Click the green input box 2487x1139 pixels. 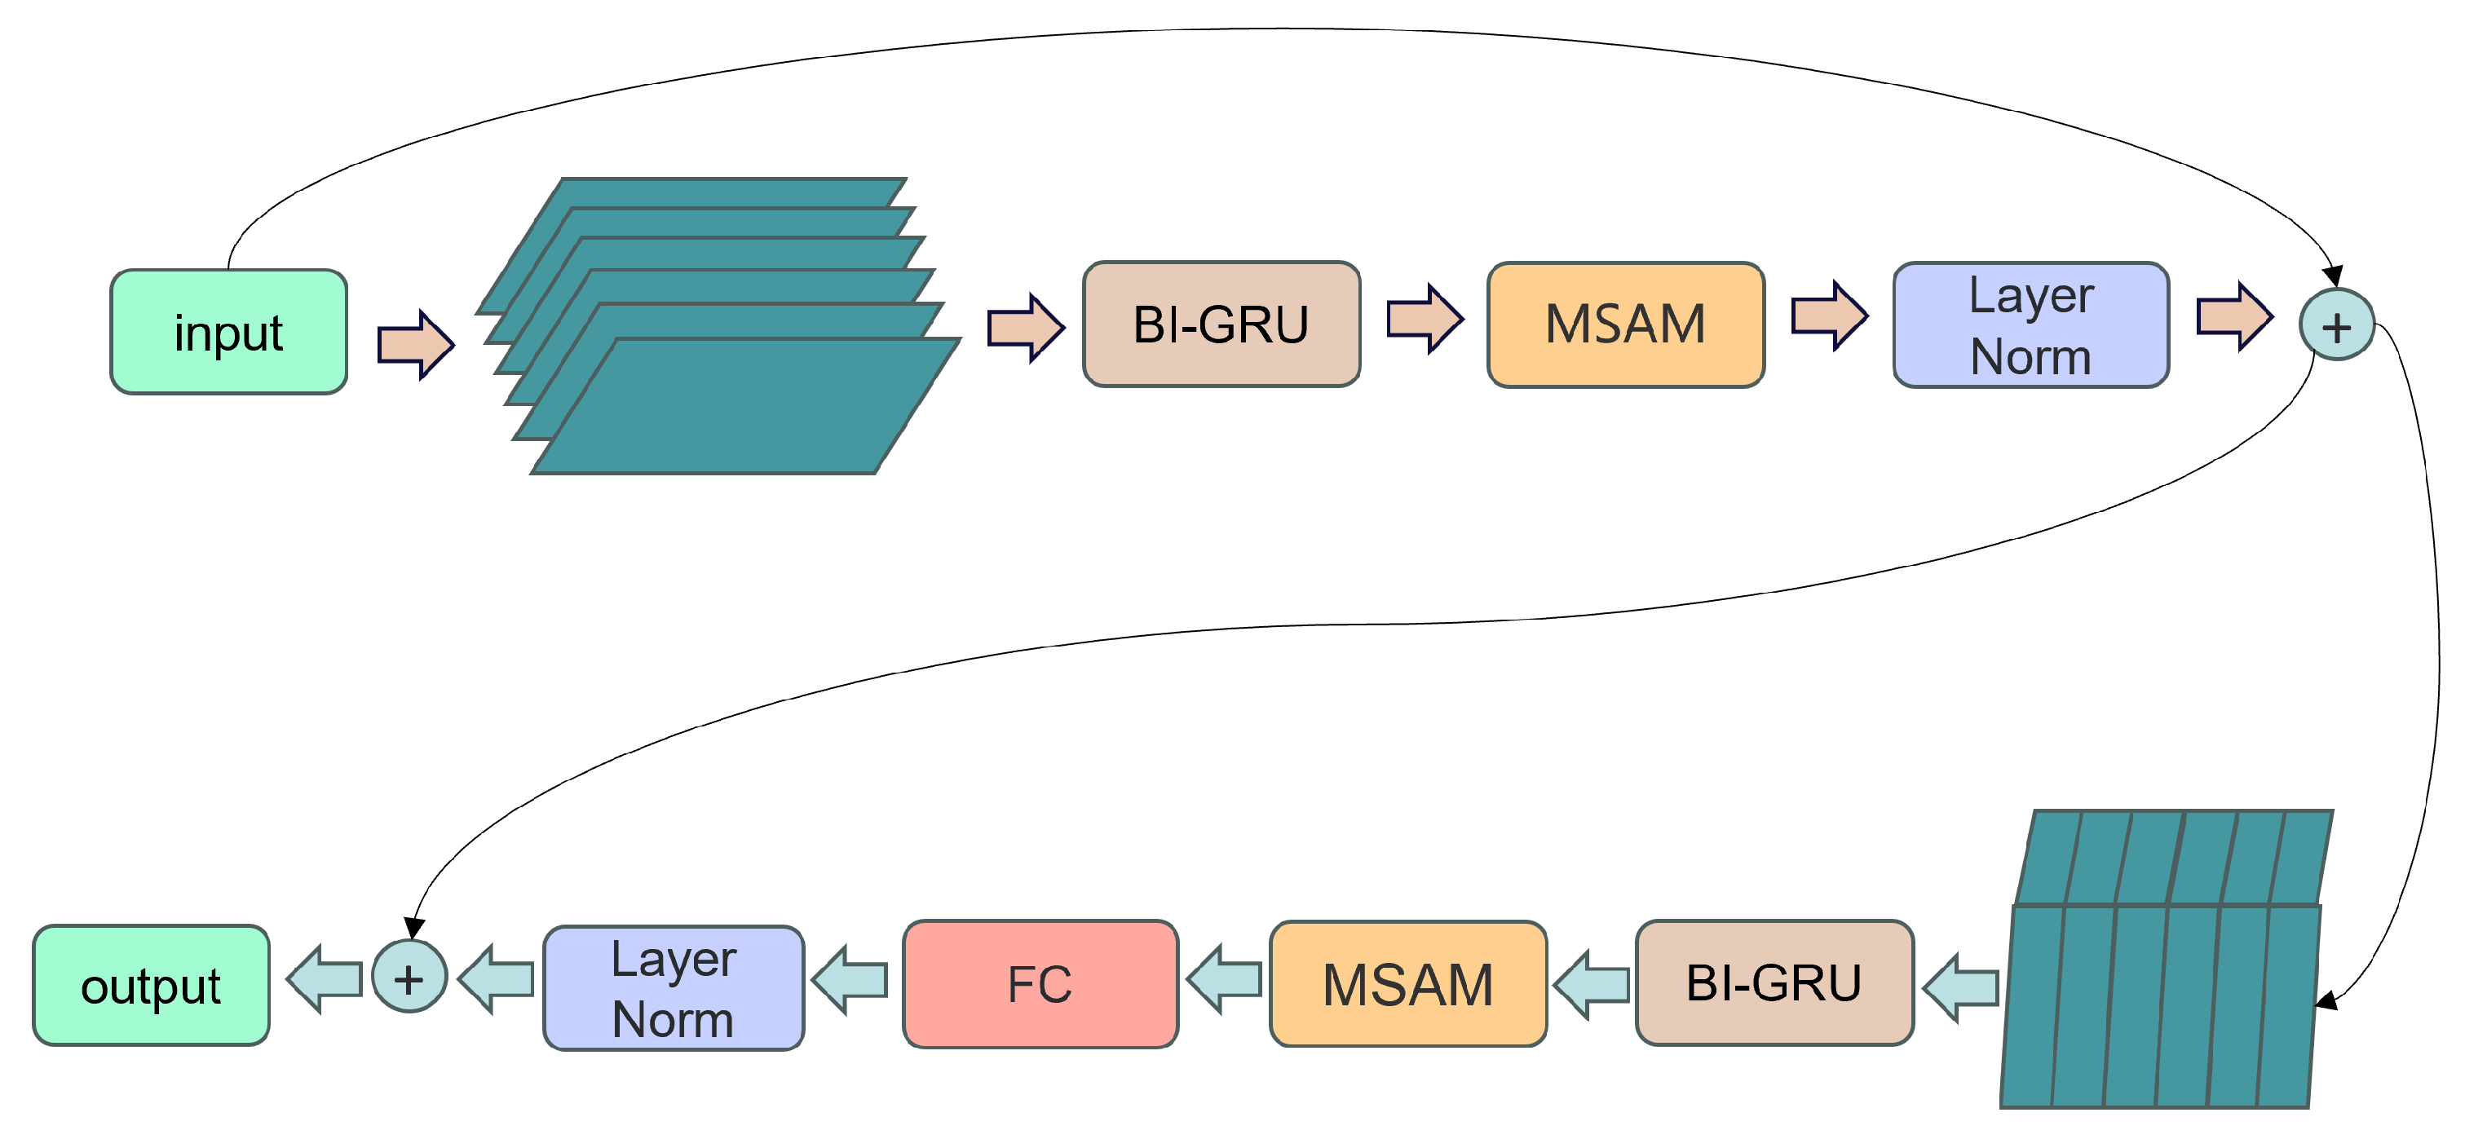[229, 332]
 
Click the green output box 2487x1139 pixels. [151, 985]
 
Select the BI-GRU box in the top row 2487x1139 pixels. [1221, 324]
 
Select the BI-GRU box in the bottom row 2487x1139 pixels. [1774, 982]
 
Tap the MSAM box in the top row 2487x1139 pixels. [1626, 324]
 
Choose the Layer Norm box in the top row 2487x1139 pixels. [2031, 325]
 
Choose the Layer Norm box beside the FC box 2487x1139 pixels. [673, 987]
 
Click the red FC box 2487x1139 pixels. [1040, 983]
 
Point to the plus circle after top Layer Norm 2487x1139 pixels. [2336, 325]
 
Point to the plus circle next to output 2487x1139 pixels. [409, 977]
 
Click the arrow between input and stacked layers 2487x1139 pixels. [415, 345]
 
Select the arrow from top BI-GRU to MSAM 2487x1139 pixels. [1424, 319]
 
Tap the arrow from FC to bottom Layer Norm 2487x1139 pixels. [850, 980]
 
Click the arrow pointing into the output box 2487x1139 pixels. [325, 978]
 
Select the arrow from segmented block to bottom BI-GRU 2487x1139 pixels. [1961, 987]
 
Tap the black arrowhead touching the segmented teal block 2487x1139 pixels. [2328, 1001]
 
